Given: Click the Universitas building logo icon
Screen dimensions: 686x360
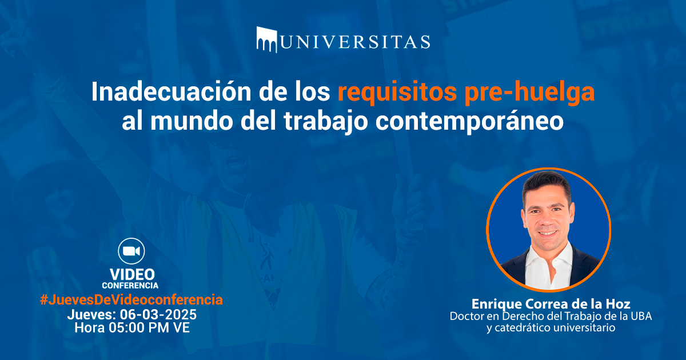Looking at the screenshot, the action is click(267, 39).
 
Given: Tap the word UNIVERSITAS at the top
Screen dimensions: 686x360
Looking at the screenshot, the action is click(355, 42).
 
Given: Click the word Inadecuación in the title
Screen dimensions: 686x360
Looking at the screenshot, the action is click(171, 92).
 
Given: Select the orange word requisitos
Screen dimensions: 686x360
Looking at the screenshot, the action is click(397, 93).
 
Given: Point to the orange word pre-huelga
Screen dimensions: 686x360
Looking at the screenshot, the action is click(529, 93).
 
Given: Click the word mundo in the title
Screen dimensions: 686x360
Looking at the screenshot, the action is click(192, 121).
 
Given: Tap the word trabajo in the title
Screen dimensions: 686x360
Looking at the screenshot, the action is click(325, 122).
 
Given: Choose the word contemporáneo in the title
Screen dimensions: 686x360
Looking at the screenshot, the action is click(469, 122).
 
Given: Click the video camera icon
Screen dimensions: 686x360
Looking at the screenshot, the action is click(131, 251).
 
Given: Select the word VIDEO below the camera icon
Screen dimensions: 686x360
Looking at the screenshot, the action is click(132, 275).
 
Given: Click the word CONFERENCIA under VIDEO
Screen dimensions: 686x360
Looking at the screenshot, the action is click(130, 286).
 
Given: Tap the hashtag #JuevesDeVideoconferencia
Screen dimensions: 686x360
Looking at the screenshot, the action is click(131, 300).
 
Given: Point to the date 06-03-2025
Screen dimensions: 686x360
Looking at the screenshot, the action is click(158, 315).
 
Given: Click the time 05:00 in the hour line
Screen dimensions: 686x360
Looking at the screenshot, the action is click(126, 328).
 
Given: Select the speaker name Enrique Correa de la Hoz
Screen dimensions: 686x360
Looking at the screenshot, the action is click(551, 304).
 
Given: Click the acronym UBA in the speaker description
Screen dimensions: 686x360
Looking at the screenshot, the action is click(641, 316).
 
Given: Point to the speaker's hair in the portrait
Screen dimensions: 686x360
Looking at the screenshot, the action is click(546, 183).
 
